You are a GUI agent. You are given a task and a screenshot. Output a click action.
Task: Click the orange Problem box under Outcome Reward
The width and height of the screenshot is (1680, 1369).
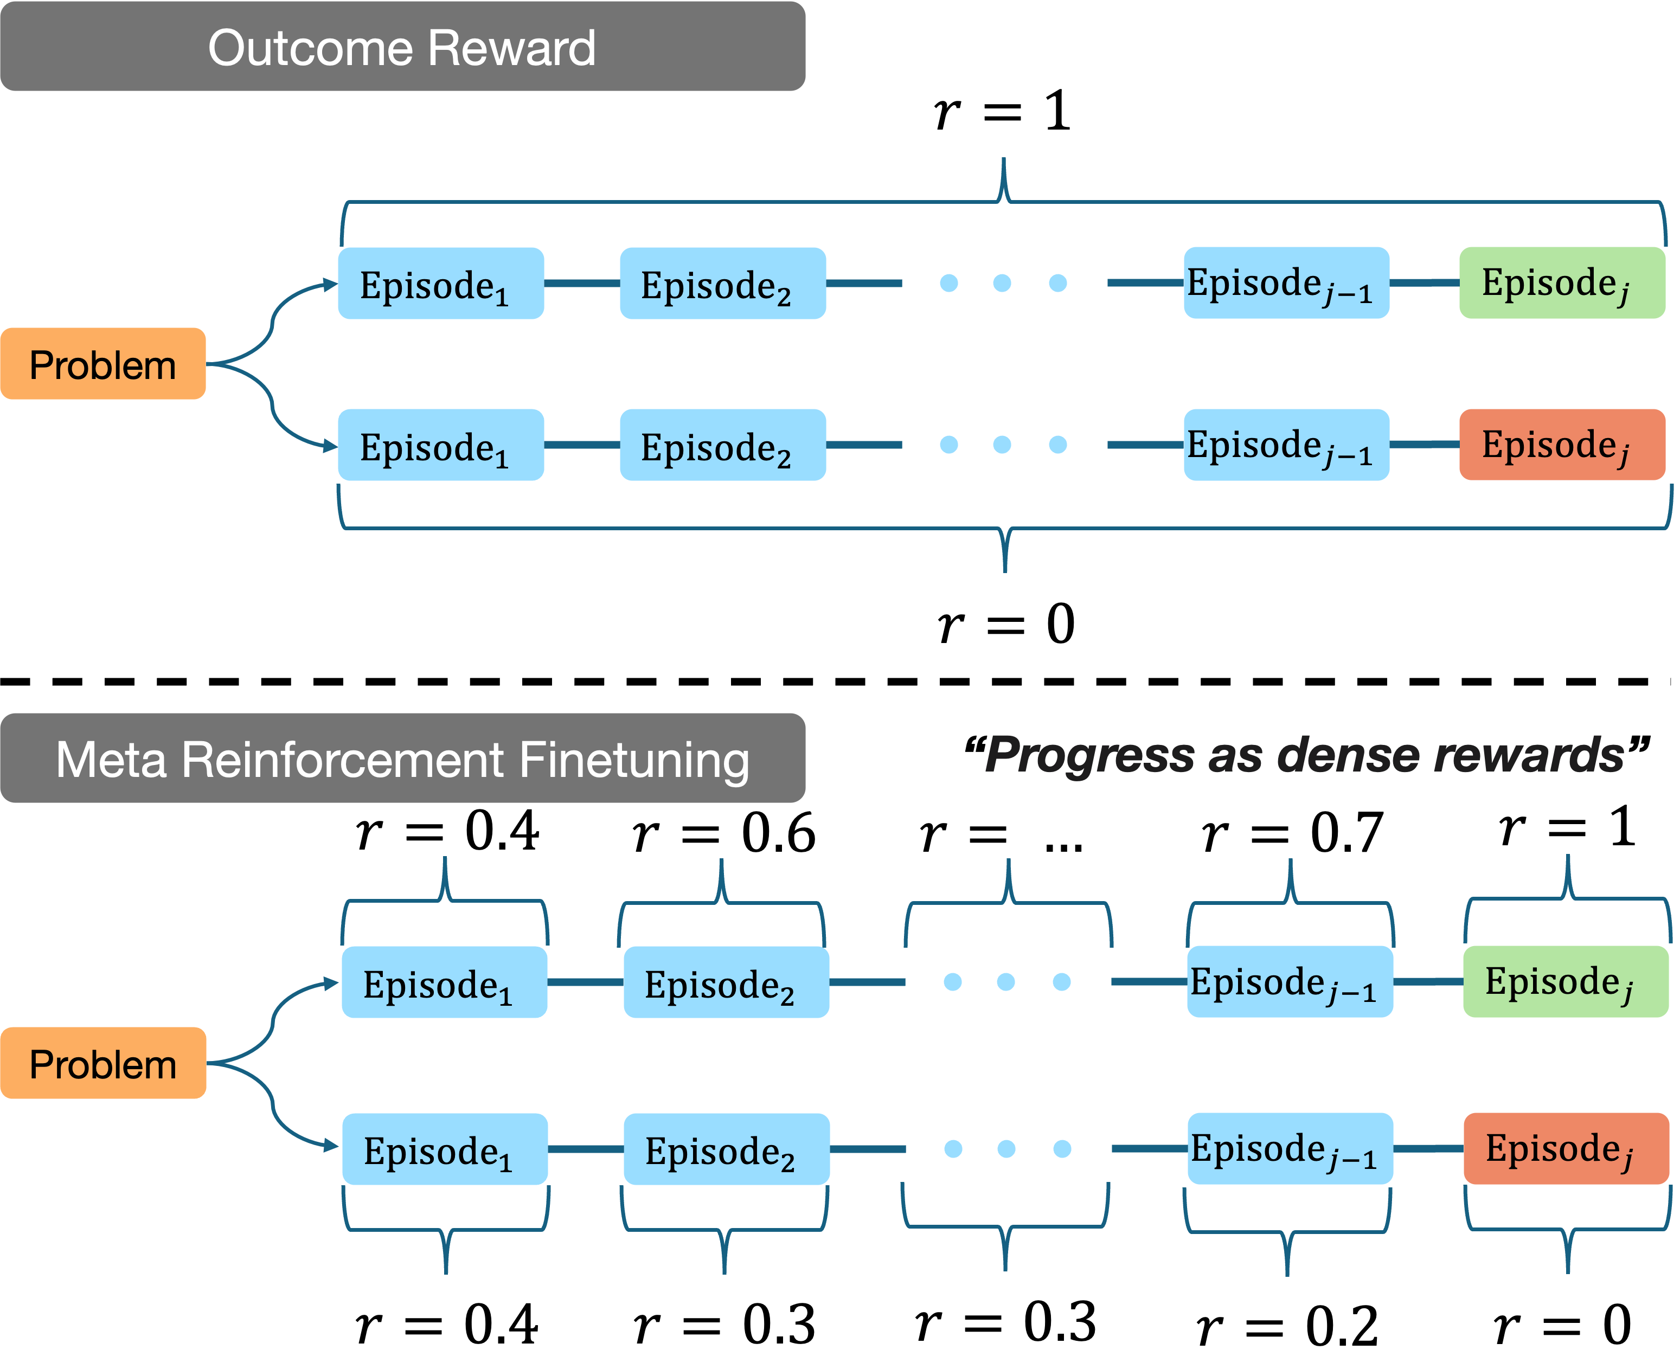102,364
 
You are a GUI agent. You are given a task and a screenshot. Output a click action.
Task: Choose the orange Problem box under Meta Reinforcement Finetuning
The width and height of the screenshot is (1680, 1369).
102,1064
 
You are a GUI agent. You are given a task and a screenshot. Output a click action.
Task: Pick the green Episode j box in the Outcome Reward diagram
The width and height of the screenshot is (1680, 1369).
1562,283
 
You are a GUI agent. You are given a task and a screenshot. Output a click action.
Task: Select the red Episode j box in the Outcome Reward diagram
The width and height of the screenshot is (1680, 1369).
1562,445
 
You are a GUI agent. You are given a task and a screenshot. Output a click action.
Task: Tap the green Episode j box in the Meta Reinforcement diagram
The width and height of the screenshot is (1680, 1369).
1566,982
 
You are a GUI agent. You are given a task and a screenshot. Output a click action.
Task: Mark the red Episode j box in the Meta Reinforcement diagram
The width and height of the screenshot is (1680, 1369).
1566,1149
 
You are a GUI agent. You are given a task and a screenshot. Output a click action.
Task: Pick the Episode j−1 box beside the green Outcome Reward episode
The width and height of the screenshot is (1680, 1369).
1286,283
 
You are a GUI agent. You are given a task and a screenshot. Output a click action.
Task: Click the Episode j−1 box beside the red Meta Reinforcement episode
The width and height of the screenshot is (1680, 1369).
1290,1149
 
